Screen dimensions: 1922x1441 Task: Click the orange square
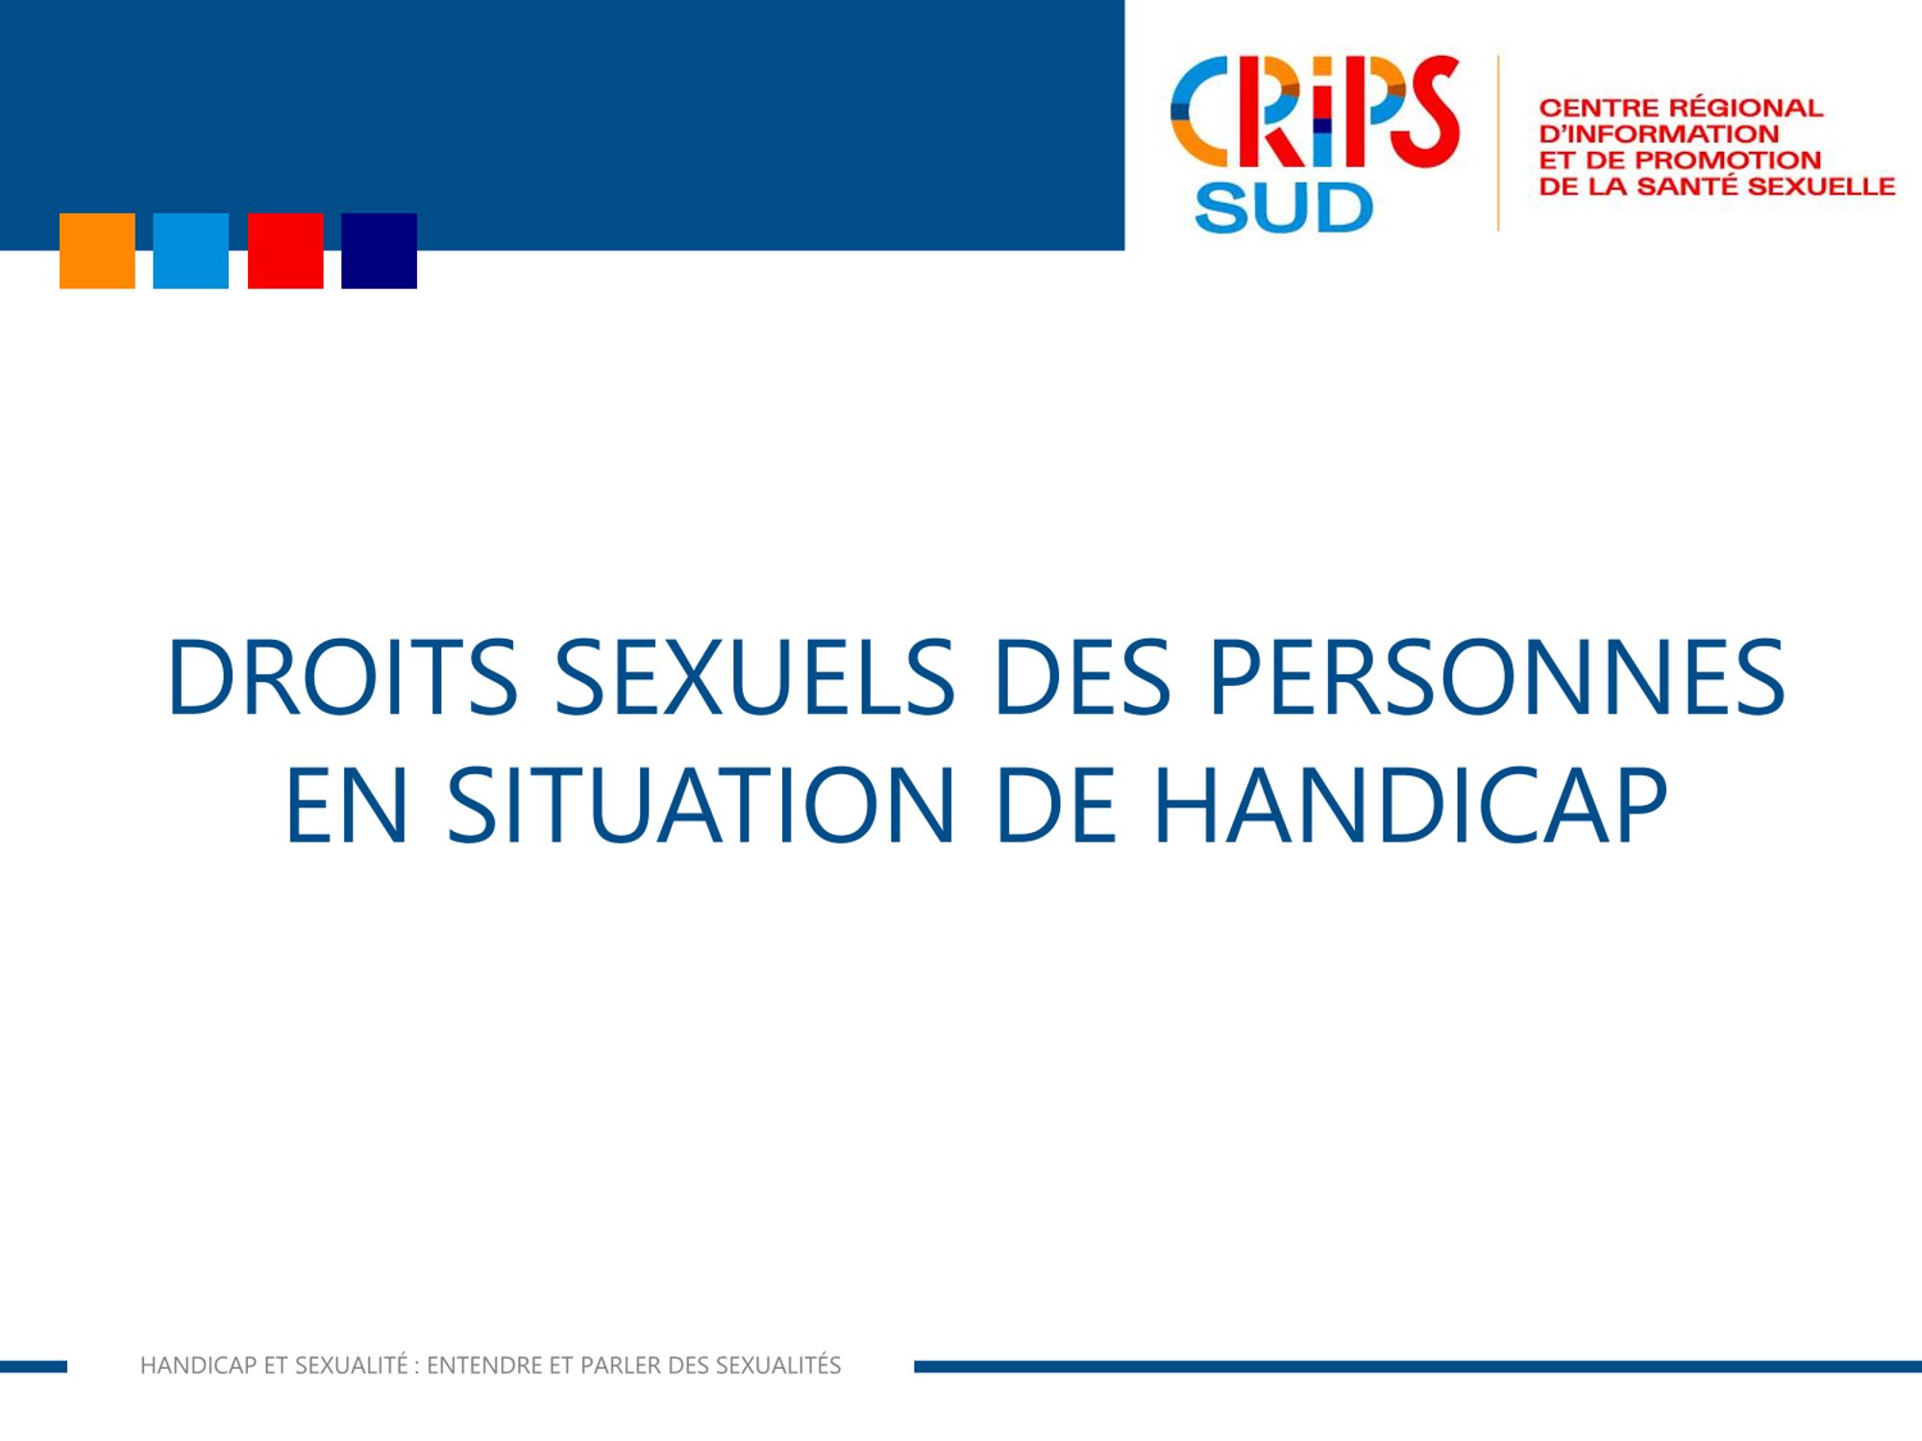97,251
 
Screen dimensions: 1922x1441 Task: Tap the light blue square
191,251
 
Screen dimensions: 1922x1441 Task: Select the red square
285,251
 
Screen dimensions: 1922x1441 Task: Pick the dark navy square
380,251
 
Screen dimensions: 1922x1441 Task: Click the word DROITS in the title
343,677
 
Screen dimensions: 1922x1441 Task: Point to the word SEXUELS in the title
755,677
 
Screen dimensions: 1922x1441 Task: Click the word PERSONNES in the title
1496,677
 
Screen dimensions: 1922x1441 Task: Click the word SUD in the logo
1284,208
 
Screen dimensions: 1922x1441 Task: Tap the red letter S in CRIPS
1426,111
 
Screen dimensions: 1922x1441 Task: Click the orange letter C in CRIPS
1199,111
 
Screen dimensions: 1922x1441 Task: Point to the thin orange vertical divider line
1498,142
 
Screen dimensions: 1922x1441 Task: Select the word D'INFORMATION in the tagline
1659,134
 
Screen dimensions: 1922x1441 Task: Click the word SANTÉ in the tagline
1688,185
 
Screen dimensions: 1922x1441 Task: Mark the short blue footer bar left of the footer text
34,1366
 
